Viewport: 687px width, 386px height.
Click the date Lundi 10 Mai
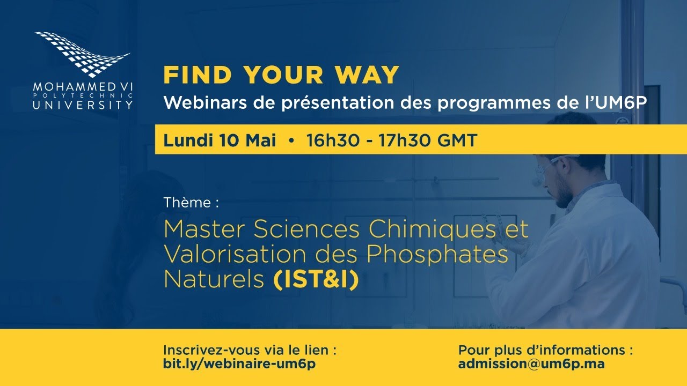pos(220,140)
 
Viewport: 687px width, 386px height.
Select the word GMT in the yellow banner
pos(457,140)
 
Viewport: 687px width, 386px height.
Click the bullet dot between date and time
pos(291,141)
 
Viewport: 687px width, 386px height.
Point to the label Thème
pos(191,203)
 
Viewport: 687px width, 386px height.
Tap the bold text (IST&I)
pos(316,279)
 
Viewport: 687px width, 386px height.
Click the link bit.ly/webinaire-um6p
pos(239,363)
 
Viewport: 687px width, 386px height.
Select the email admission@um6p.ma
pos(531,363)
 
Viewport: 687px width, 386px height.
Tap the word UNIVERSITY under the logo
pos(82,105)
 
